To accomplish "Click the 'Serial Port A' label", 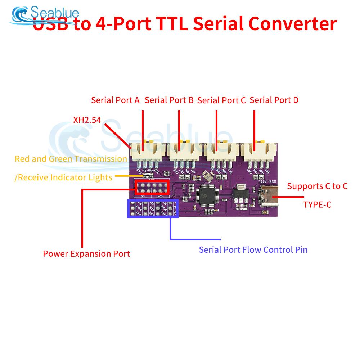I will tap(115, 100).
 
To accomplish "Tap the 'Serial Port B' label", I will tap(169, 100).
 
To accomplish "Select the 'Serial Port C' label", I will tap(221, 100).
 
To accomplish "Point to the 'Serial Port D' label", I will tap(274, 100).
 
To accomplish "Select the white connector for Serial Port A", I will tap(147, 151).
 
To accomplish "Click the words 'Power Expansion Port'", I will tap(86, 254).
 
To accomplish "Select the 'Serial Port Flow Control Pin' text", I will tap(253, 249).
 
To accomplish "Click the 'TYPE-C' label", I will tap(317, 205).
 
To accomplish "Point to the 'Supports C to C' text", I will tap(317, 186).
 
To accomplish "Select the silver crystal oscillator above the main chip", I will tap(207, 176).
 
